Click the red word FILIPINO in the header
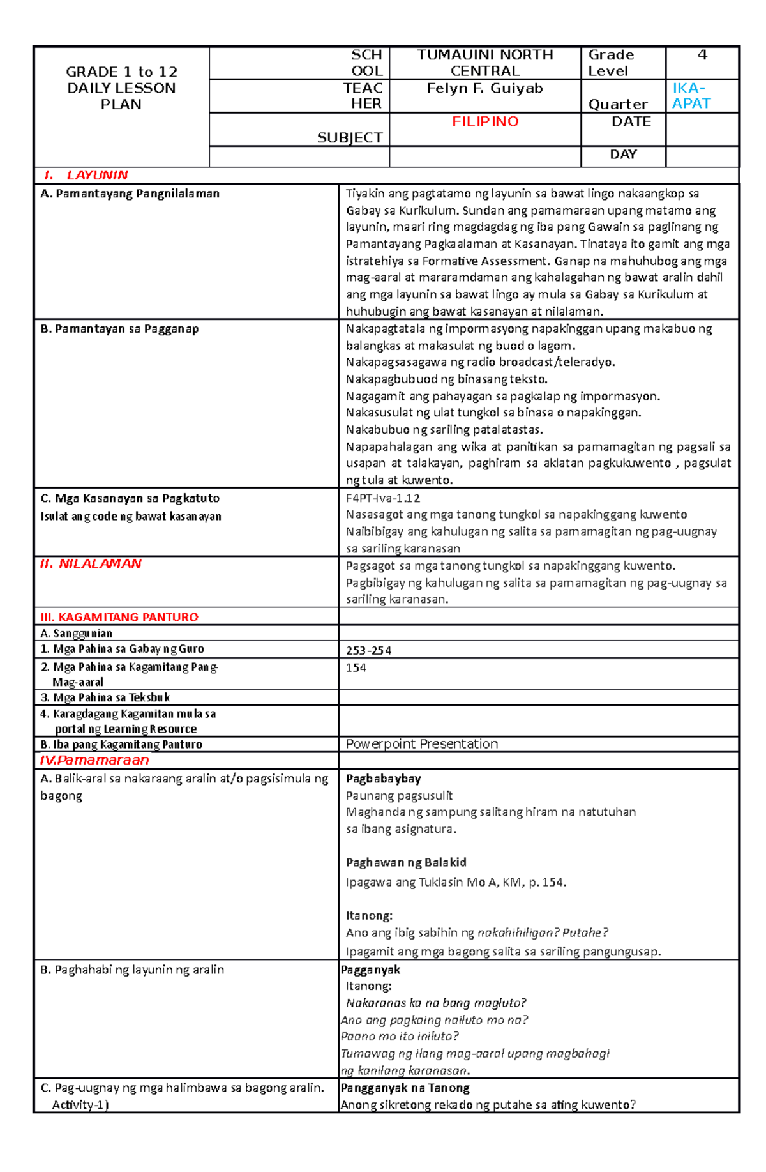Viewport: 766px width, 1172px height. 485,121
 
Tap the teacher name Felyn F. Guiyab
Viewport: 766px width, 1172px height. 484,88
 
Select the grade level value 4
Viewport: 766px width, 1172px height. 702,55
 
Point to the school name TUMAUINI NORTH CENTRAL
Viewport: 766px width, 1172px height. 484,63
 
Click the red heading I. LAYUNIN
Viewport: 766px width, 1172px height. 86,175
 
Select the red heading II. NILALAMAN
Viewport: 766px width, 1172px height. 91,563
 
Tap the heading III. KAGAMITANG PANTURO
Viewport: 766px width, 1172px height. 119,617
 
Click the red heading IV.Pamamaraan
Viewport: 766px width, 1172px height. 94,760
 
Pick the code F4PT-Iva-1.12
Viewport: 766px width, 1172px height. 383,498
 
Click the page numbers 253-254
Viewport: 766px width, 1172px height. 368,650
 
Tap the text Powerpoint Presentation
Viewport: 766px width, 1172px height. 421,743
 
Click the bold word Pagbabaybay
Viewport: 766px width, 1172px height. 383,779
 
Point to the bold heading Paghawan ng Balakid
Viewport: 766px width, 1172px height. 406,862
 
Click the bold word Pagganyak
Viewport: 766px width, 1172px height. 370,970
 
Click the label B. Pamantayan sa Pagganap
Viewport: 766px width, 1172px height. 119,329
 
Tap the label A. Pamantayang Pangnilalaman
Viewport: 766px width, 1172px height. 130,194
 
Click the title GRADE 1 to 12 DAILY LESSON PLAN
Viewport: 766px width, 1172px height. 121,88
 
